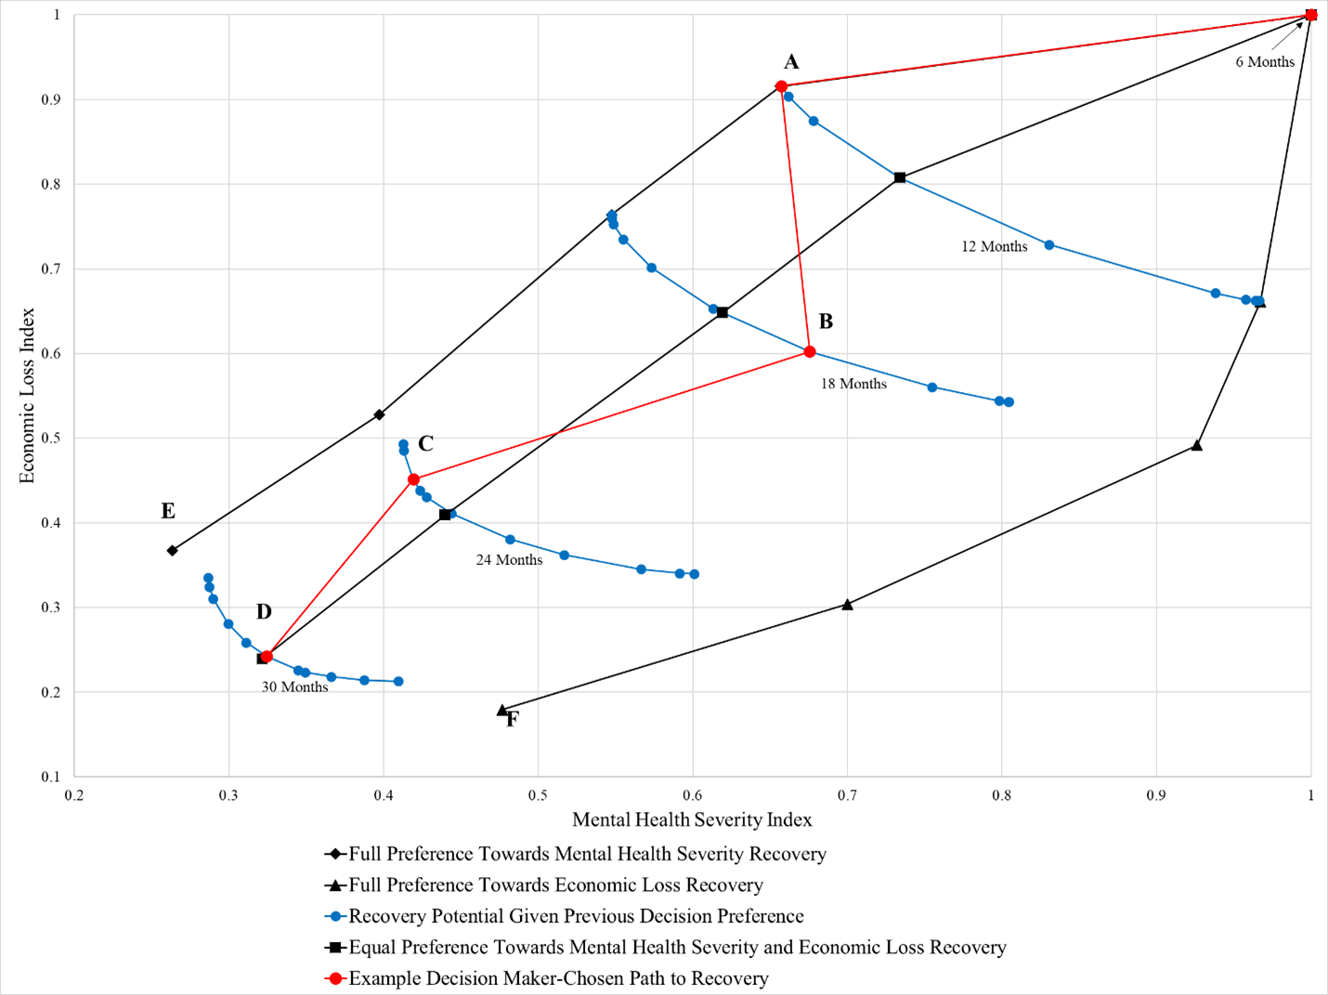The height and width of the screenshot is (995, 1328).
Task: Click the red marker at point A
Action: click(x=781, y=86)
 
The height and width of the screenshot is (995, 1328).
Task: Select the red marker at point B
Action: click(x=810, y=351)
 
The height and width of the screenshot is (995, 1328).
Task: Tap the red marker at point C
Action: click(x=413, y=479)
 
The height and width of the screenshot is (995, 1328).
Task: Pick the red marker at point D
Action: click(x=267, y=657)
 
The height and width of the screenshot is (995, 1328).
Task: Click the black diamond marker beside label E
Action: click(x=172, y=551)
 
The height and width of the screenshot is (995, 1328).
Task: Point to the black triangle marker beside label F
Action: click(x=502, y=711)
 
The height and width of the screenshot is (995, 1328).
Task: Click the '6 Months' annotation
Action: click(x=1264, y=62)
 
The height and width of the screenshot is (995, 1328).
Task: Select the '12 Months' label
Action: click(x=994, y=246)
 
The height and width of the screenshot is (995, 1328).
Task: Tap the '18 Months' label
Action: click(x=853, y=384)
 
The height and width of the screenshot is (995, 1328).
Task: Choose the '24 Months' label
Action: click(x=509, y=560)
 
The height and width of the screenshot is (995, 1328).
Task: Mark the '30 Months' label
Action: click(x=294, y=687)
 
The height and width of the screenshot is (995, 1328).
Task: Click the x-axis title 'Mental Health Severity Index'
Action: click(x=692, y=819)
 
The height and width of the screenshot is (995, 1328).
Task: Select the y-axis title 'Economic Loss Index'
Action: click(x=27, y=395)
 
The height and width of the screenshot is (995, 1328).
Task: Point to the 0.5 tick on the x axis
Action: click(x=538, y=795)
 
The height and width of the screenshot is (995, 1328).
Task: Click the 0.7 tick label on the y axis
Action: click(x=51, y=269)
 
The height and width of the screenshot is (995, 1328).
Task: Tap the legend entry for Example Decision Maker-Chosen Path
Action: click(x=557, y=978)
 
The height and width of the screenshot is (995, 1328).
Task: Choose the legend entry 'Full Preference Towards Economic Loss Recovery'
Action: click(x=554, y=885)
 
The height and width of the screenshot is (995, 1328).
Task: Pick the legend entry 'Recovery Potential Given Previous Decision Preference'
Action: click(x=575, y=916)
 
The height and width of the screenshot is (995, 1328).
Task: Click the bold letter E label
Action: click(x=168, y=511)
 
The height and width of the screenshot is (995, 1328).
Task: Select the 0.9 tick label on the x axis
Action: click(x=1156, y=795)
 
